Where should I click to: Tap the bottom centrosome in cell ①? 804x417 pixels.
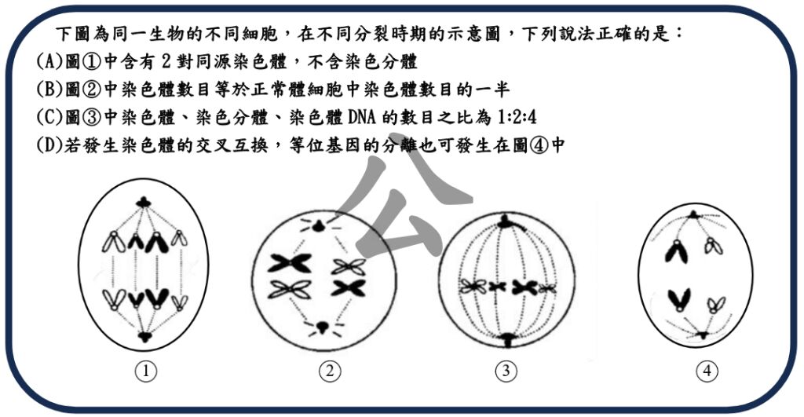[144, 337]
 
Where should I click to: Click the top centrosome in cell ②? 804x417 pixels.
[319, 226]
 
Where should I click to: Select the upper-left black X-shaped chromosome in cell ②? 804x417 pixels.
[290, 263]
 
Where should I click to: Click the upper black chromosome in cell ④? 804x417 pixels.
[674, 251]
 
